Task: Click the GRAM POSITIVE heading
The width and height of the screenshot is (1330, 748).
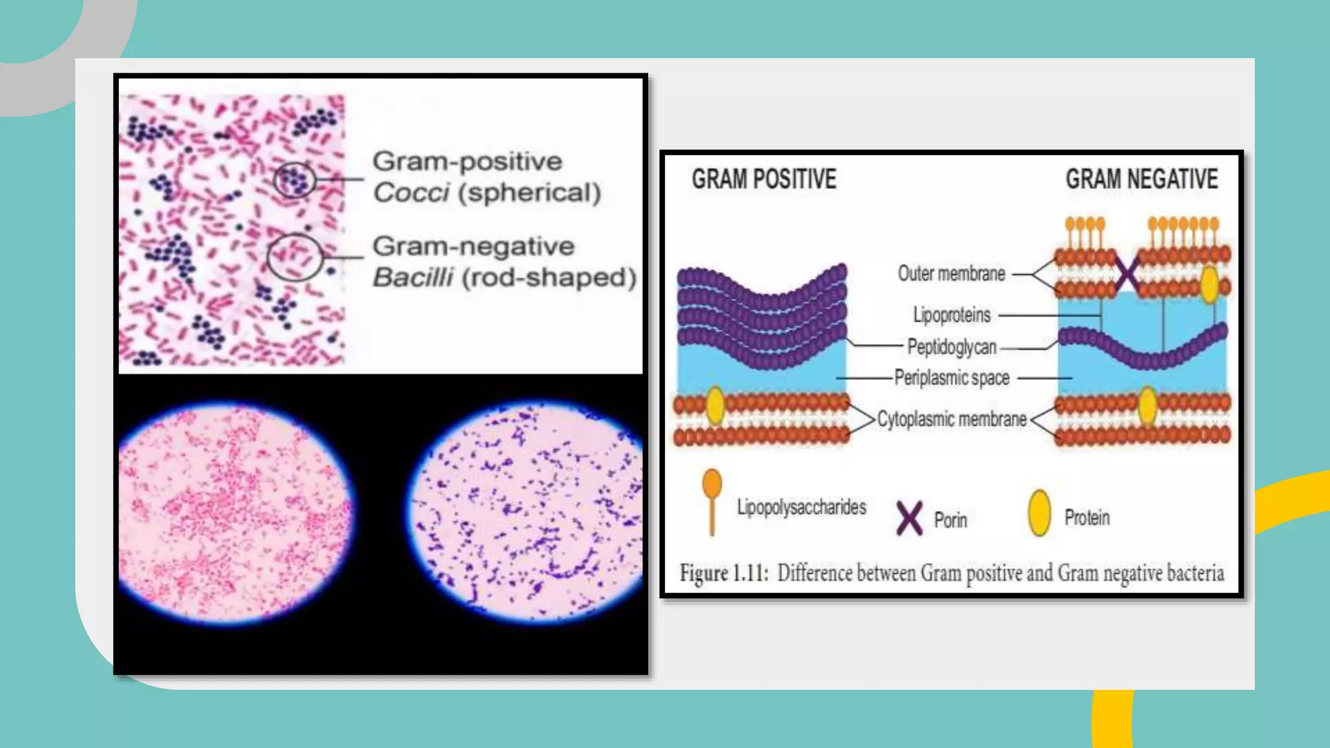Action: (764, 179)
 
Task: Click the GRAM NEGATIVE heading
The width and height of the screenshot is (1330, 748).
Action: (1142, 179)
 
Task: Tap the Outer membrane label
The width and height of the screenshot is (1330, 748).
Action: (951, 273)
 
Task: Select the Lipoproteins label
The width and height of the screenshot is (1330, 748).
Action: (952, 315)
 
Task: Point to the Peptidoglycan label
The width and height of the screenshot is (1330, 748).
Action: (951, 347)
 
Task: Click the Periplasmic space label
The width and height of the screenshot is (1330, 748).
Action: (951, 378)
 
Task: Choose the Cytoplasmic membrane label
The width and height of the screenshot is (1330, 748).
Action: (951, 419)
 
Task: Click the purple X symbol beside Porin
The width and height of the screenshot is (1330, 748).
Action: (909, 518)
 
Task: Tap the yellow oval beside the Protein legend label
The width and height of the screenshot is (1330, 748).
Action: (1040, 513)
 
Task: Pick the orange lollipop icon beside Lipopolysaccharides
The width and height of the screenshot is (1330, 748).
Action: (712, 500)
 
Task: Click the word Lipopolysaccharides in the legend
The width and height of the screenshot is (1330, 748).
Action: (801, 507)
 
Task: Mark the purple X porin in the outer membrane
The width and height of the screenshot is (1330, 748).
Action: (1127, 273)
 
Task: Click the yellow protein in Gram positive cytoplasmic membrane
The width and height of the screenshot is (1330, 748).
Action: (715, 405)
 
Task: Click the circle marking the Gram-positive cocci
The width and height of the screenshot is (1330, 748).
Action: (294, 180)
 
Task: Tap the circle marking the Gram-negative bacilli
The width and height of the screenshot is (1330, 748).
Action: (295, 257)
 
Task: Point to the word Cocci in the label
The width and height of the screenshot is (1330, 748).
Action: (411, 193)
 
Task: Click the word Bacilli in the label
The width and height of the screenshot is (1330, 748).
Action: (413, 278)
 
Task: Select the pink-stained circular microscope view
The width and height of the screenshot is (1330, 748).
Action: (235, 513)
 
